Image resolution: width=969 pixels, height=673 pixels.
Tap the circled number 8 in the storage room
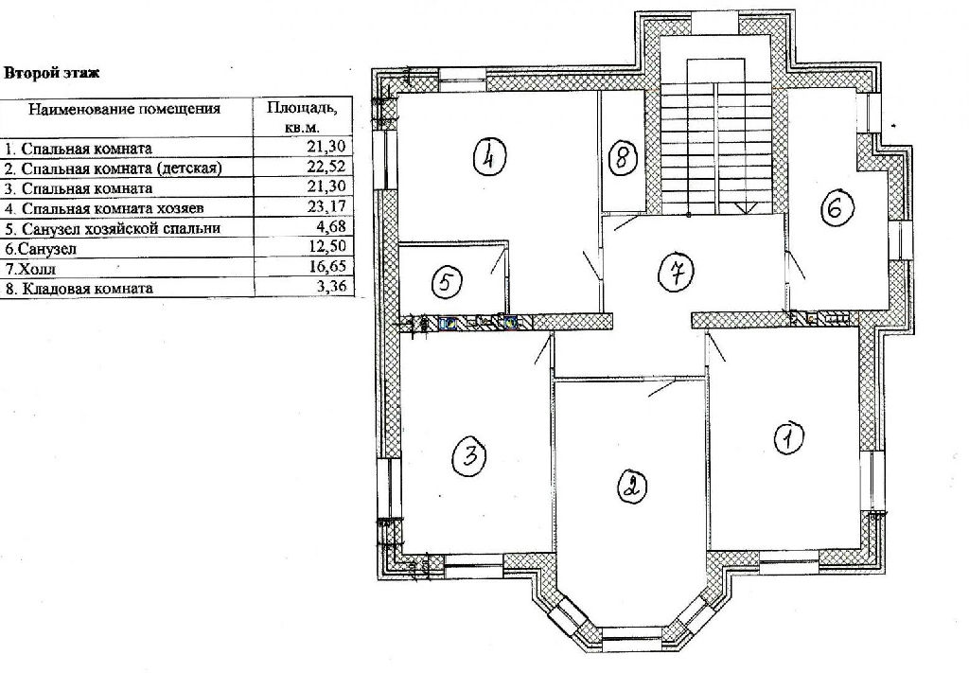click(623, 157)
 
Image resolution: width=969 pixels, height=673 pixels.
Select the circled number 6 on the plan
click(837, 209)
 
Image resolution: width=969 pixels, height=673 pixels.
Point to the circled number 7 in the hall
click(678, 272)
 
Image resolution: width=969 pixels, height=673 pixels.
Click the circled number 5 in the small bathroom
click(448, 282)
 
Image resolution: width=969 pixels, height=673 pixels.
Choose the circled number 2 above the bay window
click(631, 486)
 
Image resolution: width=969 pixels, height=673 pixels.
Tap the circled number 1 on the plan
click(788, 439)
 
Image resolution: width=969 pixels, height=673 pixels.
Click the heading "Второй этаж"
click(52, 73)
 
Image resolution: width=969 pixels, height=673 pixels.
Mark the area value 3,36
click(334, 287)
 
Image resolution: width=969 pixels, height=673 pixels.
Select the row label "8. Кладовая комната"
click(79, 289)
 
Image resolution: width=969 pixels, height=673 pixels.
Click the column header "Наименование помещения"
click(125, 110)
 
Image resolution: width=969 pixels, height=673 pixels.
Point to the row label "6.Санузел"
click(39, 249)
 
